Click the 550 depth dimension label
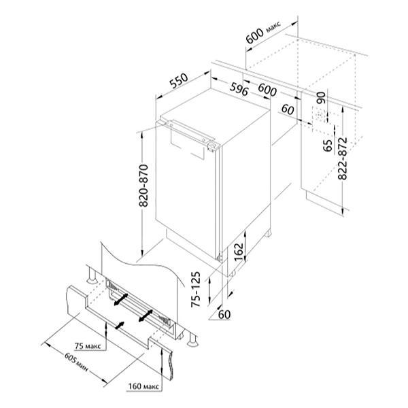pos(179,81)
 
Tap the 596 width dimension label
pos(239,89)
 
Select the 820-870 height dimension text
pos(143,186)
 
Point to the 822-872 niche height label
pos(343,158)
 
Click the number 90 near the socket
pos(322,98)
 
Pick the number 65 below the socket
pos(328,146)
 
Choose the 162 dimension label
pos(239,252)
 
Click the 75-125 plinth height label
pos(196,290)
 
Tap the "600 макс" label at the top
pos(263,32)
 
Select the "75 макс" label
pos(88,346)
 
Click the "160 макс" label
pos(143,386)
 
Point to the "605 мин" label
pos(75,362)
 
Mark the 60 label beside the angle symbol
pos(224,315)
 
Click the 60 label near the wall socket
pos(288,109)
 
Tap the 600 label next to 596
pos(267,90)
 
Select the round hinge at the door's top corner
pos(211,146)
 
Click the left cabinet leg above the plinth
pos(92,275)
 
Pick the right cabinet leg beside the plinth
pos(192,339)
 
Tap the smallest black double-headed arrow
pos(120,325)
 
